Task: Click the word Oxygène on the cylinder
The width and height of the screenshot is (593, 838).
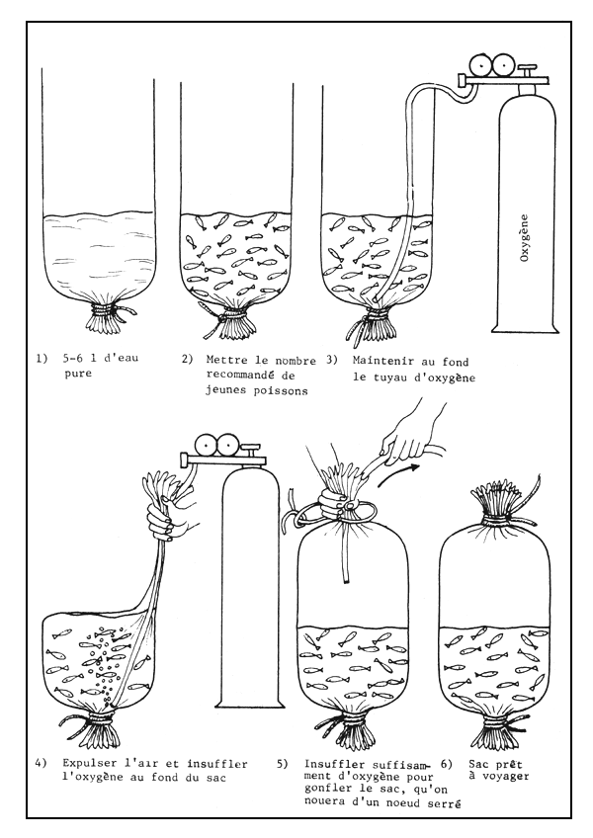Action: [x=525, y=236]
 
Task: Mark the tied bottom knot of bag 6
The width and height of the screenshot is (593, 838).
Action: [x=490, y=732]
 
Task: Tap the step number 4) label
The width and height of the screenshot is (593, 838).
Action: [x=42, y=763]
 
